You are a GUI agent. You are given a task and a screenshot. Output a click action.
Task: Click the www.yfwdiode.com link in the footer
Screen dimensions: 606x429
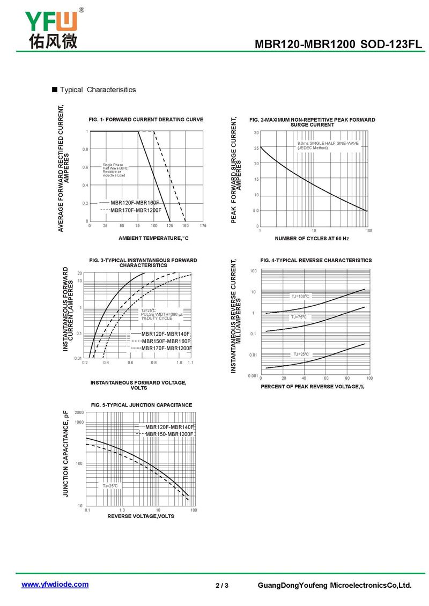(x=55, y=585)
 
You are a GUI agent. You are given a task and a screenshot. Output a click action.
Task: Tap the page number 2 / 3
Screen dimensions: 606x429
(x=222, y=585)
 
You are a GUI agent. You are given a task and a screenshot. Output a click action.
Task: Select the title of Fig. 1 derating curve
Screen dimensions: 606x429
(x=146, y=120)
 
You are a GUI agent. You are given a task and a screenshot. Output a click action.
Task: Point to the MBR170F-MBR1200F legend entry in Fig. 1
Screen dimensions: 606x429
(x=136, y=210)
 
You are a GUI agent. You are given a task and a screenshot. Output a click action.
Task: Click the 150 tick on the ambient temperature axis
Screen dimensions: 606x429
(x=186, y=226)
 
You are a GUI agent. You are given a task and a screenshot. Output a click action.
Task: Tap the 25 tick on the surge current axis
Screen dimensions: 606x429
(x=256, y=148)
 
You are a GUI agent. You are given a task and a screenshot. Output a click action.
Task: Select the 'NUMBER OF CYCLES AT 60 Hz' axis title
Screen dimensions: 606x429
(x=312, y=238)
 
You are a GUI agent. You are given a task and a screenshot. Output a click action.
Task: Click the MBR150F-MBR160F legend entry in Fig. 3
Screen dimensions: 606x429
(x=166, y=341)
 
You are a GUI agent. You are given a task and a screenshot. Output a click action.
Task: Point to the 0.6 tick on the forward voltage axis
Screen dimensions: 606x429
(x=130, y=363)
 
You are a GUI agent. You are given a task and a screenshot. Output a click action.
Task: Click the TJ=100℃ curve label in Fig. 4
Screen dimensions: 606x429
(x=300, y=296)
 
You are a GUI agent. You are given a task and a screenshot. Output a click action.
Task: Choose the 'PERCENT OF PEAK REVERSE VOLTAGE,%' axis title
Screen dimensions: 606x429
(x=313, y=387)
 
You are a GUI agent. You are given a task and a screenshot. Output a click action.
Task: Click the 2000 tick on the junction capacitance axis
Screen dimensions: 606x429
(x=79, y=412)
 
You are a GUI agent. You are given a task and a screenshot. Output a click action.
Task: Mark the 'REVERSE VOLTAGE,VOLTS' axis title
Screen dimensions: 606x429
(x=140, y=516)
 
